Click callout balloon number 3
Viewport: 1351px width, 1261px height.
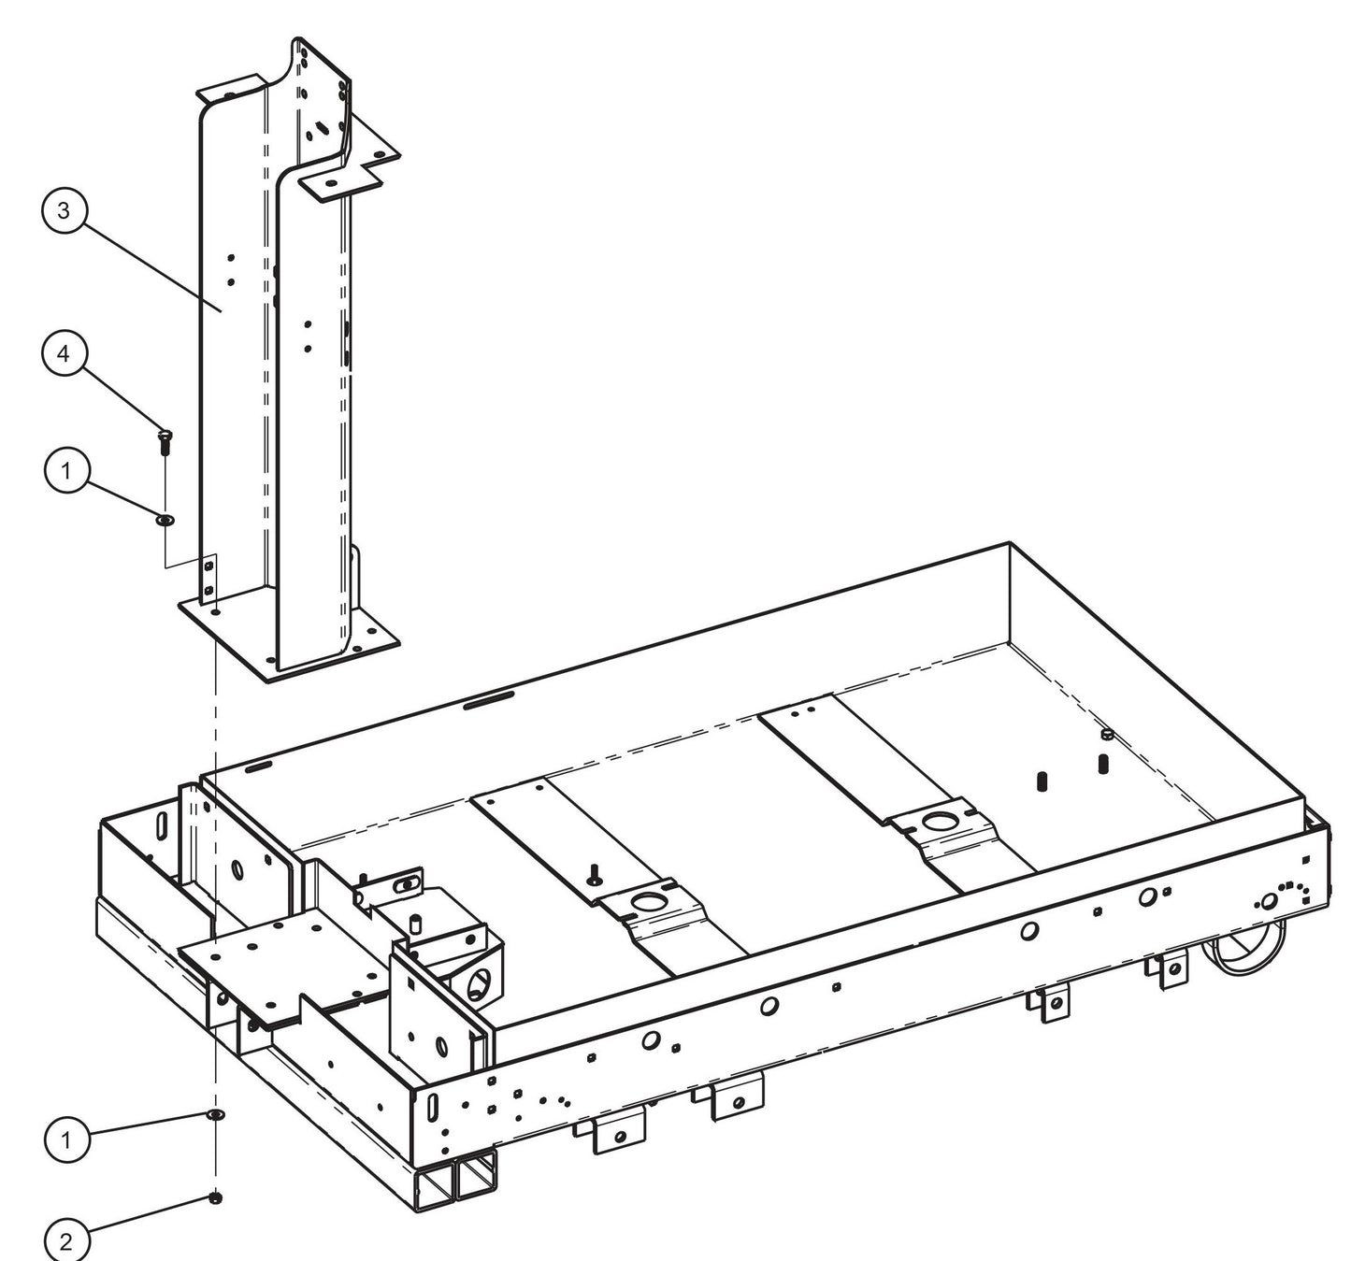(64, 210)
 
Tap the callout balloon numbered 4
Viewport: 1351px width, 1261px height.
(64, 353)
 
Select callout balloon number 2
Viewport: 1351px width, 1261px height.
(65, 1241)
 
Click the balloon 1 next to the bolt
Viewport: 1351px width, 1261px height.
(65, 471)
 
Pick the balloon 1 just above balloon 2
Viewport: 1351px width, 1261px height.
(65, 1139)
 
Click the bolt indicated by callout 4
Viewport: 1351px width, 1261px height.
(165, 439)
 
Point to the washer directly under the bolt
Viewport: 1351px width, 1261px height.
(165, 517)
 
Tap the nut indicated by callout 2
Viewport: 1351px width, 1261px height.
(216, 1197)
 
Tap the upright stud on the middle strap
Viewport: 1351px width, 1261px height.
(594, 872)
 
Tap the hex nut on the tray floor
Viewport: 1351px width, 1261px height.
(1104, 736)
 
